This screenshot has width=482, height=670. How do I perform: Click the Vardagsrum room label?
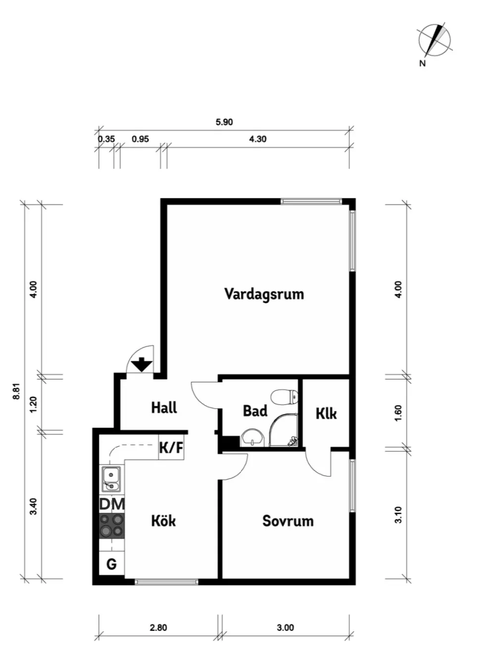pyautogui.click(x=264, y=294)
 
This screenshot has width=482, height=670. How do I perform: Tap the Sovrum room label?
pyautogui.click(x=288, y=521)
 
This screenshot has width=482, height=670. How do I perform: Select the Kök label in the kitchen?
pyautogui.click(x=163, y=521)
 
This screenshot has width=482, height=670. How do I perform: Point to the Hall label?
pyautogui.click(x=164, y=408)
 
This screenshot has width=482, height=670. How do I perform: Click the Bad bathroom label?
pyautogui.click(x=255, y=411)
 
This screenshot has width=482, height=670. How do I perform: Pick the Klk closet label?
pyautogui.click(x=326, y=414)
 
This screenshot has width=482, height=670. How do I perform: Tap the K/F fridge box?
pyautogui.click(x=171, y=448)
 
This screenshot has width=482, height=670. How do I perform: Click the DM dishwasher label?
pyautogui.click(x=112, y=504)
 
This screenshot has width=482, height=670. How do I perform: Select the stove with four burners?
pyautogui.click(x=112, y=526)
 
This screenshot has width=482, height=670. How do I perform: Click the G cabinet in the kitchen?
pyautogui.click(x=112, y=564)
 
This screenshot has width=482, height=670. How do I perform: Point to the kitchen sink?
pyautogui.click(x=111, y=479)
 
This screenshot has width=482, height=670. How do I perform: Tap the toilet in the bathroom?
pyautogui.click(x=284, y=397)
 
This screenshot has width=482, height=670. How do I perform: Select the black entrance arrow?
pyautogui.click(x=142, y=365)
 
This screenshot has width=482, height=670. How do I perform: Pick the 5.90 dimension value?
pyautogui.click(x=224, y=122)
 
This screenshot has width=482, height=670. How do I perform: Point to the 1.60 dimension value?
pyautogui.click(x=398, y=413)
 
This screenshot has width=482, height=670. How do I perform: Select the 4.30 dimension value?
pyautogui.click(x=258, y=139)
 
